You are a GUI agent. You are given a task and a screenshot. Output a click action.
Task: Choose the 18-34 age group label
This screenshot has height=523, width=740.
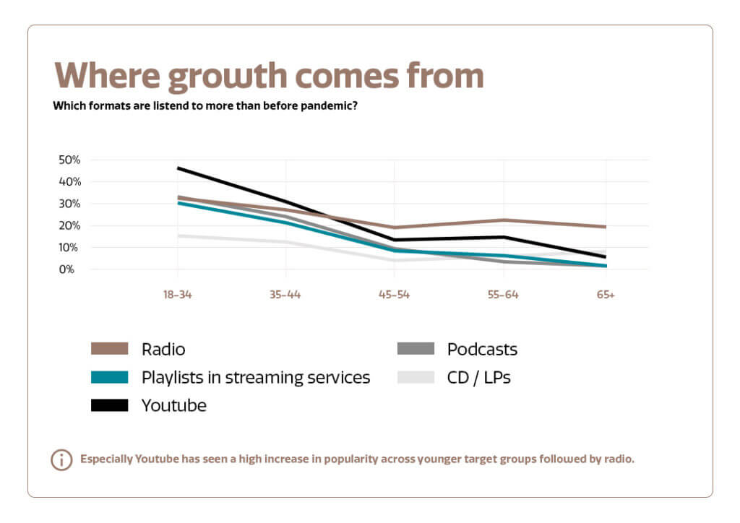coord(177,295)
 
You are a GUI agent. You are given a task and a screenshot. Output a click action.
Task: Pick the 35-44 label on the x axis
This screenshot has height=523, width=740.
coord(285,295)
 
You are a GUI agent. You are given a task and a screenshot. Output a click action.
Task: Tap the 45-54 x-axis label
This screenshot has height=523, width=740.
coord(394,295)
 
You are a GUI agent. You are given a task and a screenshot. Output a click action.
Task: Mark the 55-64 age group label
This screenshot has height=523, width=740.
coord(503,295)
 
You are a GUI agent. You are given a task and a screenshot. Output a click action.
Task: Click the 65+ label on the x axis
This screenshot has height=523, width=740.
coord(606,295)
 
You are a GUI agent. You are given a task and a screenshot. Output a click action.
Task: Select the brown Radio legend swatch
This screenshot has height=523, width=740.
coord(109,350)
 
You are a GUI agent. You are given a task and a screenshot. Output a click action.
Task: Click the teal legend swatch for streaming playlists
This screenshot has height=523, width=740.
coord(109,377)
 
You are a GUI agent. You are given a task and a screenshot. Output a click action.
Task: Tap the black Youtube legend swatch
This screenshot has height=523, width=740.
coord(109,405)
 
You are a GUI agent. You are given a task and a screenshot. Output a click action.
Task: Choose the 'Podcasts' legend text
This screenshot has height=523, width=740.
coord(482,350)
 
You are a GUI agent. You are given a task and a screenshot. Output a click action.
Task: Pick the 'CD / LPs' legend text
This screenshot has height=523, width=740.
coord(478,377)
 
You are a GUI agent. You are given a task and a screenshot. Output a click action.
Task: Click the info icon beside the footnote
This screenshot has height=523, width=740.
coord(61,459)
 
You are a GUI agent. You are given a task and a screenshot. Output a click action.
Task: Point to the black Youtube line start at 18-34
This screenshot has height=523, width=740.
coord(178,168)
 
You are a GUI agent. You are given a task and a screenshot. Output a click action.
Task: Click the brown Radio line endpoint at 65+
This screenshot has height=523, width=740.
coord(605,227)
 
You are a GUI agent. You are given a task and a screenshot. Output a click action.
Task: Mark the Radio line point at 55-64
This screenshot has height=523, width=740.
coord(503,220)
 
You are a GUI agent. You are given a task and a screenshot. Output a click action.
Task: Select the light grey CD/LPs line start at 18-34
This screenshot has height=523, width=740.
coord(178,235)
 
